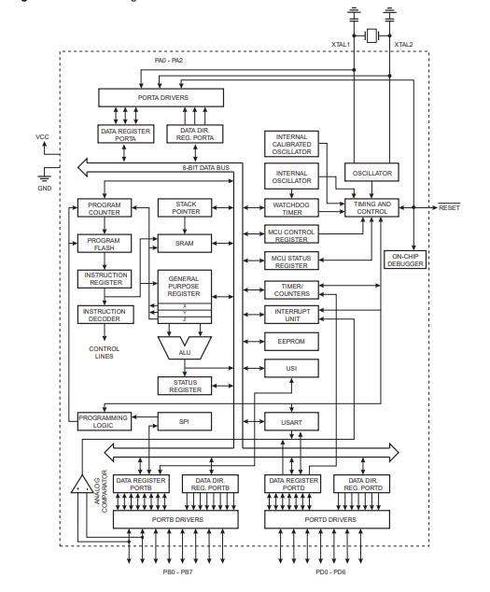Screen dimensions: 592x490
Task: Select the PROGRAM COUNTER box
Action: point(104,209)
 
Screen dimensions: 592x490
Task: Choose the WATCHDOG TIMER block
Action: point(291,209)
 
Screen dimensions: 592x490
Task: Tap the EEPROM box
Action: point(291,343)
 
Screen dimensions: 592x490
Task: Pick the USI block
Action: point(291,371)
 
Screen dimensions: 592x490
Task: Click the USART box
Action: point(291,422)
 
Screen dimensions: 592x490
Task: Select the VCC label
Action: point(42,136)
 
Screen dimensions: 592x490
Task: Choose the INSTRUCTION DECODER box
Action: point(104,313)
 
